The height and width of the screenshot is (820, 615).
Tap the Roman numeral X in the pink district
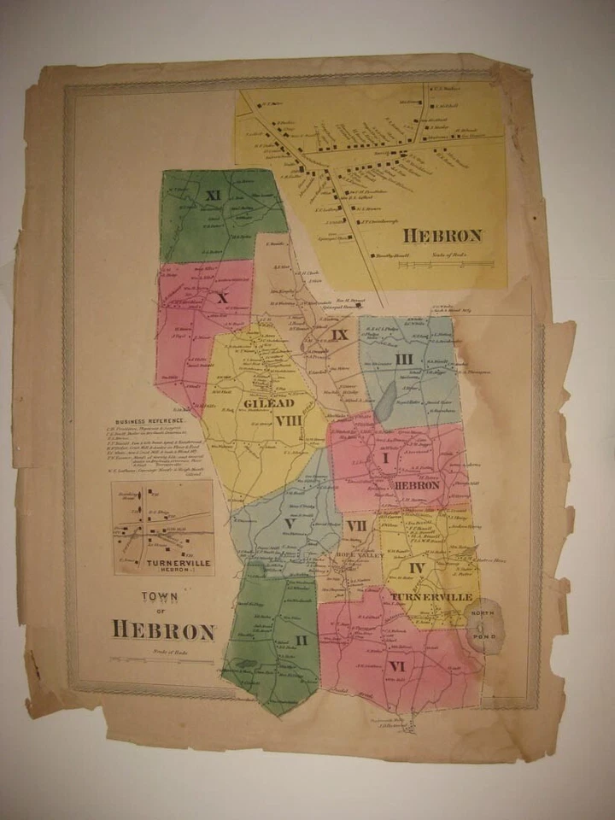pos(222,298)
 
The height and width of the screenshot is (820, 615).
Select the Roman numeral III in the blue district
pos(403,358)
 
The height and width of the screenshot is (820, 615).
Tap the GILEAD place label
pos(268,403)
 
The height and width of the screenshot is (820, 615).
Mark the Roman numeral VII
pos(356,524)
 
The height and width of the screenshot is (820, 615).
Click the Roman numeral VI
pos(395,664)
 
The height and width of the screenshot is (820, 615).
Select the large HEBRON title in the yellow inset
pos(442,235)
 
